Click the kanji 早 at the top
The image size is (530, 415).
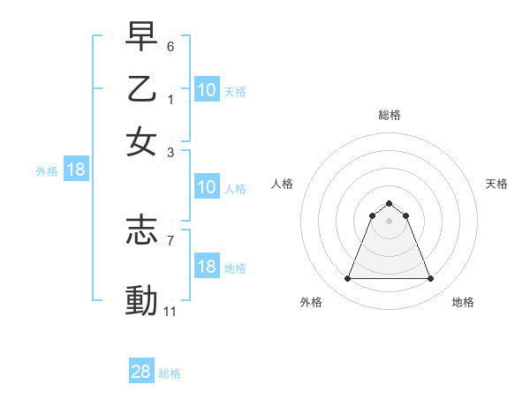(141, 37)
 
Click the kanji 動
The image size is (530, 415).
(141, 300)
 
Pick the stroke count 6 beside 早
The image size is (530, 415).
(170, 46)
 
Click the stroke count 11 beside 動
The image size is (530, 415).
(170, 311)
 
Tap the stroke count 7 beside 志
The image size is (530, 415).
(170, 240)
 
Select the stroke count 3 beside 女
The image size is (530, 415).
(170, 152)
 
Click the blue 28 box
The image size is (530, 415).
(141, 372)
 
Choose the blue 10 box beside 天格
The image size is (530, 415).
(206, 90)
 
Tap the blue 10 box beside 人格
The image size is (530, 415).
(206, 187)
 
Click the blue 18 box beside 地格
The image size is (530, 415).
(206, 267)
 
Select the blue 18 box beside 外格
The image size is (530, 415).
(75, 170)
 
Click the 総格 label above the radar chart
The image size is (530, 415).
(389, 115)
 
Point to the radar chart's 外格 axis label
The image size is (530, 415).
(311, 302)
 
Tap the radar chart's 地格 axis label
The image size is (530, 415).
(463, 302)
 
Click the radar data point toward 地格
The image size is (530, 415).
(430, 279)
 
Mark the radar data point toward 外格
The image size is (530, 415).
(347, 279)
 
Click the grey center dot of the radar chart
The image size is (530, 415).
(389, 221)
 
